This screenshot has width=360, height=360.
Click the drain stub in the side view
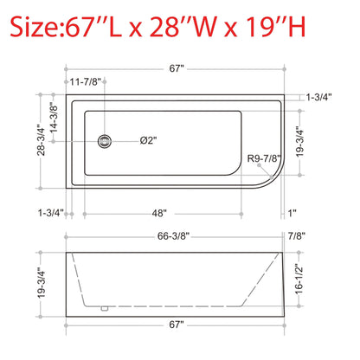(103, 306)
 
